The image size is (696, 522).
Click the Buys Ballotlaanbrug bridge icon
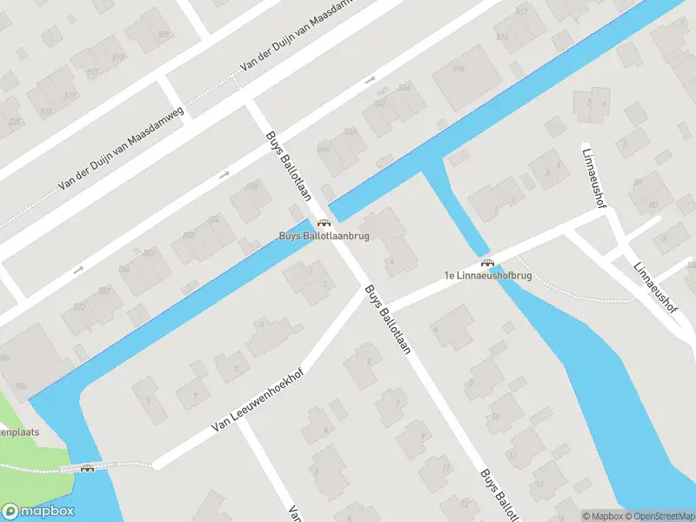[x=324, y=223]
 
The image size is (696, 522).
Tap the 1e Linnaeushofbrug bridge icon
[x=487, y=263]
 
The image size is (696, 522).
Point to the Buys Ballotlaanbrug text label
[x=324, y=236]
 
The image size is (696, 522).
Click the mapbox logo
[x=37, y=512]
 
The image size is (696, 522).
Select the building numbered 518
[x=459, y=70]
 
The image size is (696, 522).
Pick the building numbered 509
[x=164, y=35]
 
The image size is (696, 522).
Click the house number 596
[x=21, y=385]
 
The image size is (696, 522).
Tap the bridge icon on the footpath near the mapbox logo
[x=87, y=469]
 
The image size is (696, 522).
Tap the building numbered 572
[x=81, y=307]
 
